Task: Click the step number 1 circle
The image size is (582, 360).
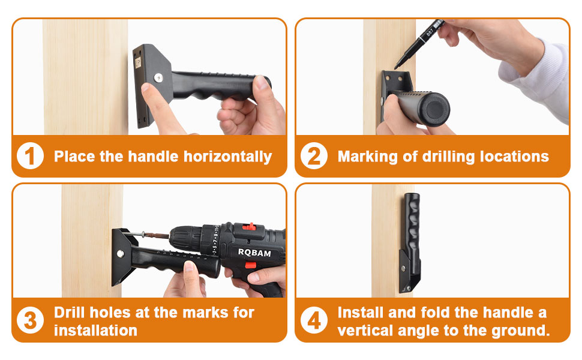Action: (x=30, y=156)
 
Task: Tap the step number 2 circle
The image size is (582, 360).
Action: (x=314, y=156)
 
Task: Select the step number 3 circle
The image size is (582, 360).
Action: (x=30, y=320)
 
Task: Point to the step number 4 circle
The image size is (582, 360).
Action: (x=314, y=320)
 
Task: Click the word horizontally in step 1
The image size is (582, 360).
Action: (x=228, y=157)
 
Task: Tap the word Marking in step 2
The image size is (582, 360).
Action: (x=368, y=157)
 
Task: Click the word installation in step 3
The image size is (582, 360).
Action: (x=96, y=331)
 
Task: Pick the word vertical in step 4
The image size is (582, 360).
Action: (x=365, y=331)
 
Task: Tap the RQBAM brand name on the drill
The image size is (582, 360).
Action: (x=254, y=253)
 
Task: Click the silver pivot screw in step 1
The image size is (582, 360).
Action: (x=158, y=77)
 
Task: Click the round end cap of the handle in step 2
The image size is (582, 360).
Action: (x=436, y=109)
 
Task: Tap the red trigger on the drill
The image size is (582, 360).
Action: (x=251, y=265)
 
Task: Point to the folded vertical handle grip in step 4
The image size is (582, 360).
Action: (x=412, y=226)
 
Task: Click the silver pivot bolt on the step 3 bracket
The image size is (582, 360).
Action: (x=120, y=254)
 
